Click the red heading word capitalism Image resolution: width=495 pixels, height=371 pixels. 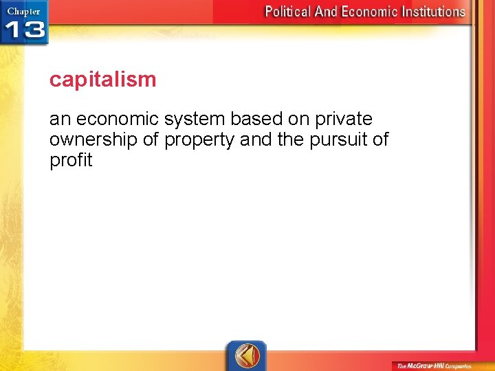coord(102,80)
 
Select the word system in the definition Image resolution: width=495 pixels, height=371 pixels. coord(194,120)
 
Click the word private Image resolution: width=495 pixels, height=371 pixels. coord(344,120)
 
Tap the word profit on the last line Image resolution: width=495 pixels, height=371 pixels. coord(70,161)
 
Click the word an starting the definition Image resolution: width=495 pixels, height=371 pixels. coord(60,120)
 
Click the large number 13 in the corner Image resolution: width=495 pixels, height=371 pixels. coord(25,30)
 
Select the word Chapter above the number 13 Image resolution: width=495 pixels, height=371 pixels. coord(23,11)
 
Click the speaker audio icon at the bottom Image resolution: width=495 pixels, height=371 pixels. coord(246,356)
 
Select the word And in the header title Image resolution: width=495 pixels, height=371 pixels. coord(327,12)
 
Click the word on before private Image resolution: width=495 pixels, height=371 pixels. coord(298,120)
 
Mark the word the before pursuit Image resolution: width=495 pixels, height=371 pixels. coord(280,140)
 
